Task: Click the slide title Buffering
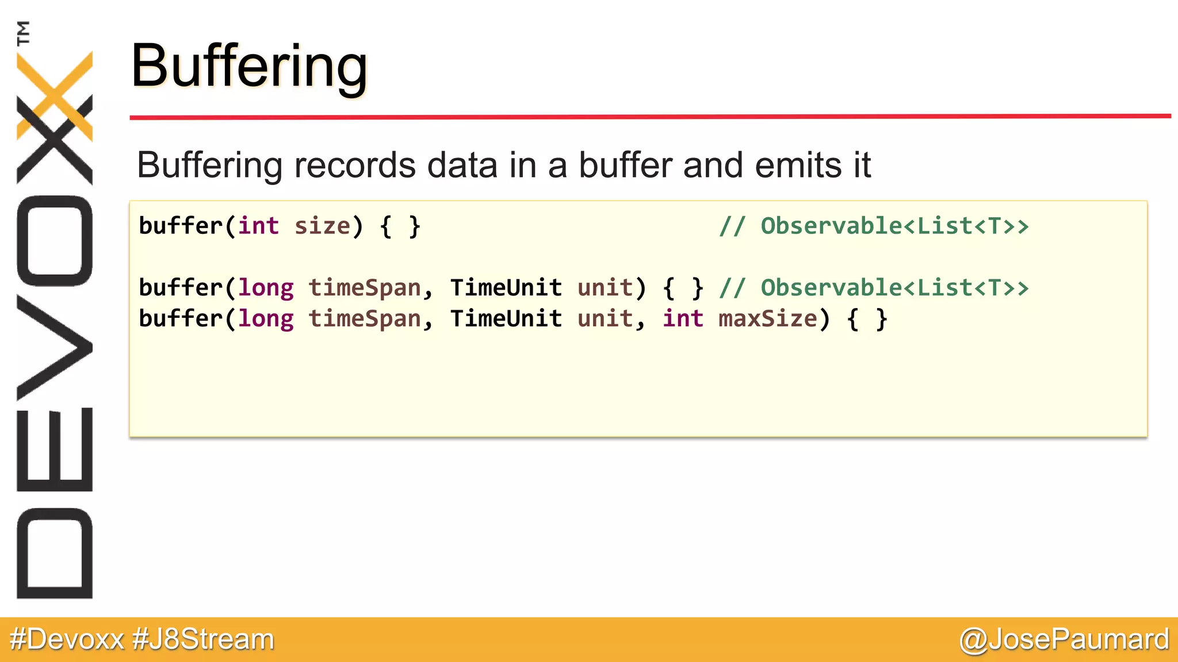click(x=249, y=67)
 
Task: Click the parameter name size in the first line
click(x=322, y=226)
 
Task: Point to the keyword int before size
click(x=258, y=226)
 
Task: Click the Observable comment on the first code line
click(x=874, y=226)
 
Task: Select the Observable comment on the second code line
click(x=874, y=288)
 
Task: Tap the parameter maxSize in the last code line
click(x=767, y=319)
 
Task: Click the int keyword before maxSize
click(x=683, y=319)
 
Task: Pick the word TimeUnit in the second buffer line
click(x=506, y=288)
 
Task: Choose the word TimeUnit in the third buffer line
click(x=506, y=319)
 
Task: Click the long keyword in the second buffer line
click(x=266, y=288)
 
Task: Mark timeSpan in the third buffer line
click(x=365, y=319)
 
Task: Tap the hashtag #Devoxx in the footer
click(x=67, y=639)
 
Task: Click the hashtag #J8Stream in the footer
click(x=203, y=639)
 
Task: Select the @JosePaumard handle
click(x=1064, y=639)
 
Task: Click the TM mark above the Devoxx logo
click(x=23, y=33)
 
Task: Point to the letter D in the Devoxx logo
click(x=55, y=553)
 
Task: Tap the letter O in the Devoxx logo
click(x=55, y=241)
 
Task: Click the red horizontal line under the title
click(x=650, y=117)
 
